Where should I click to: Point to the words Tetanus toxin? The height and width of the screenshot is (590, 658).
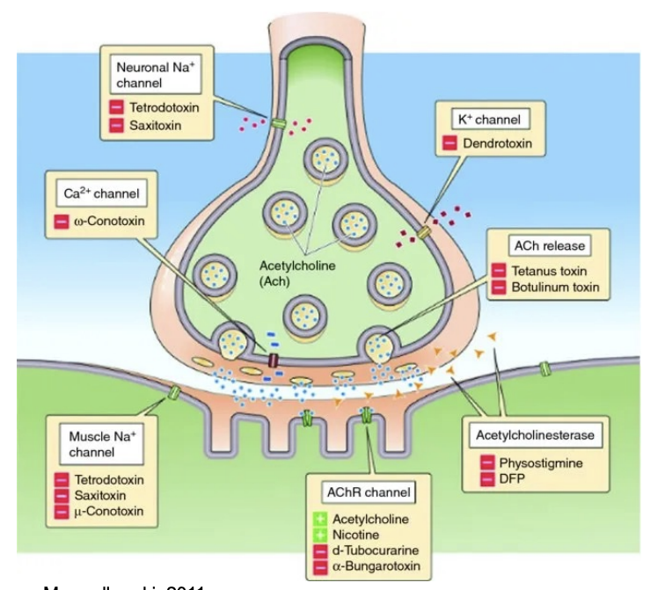[552, 271]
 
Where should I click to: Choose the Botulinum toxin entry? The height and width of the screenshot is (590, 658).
[556, 287]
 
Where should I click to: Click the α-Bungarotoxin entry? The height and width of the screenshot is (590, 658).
[378, 566]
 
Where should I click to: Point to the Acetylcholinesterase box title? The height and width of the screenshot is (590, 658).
[535, 435]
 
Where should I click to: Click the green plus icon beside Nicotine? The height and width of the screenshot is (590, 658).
[321, 535]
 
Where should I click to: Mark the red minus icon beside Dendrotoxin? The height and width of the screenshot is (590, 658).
[449, 143]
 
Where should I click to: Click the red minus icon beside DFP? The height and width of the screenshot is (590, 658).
[486, 478]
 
